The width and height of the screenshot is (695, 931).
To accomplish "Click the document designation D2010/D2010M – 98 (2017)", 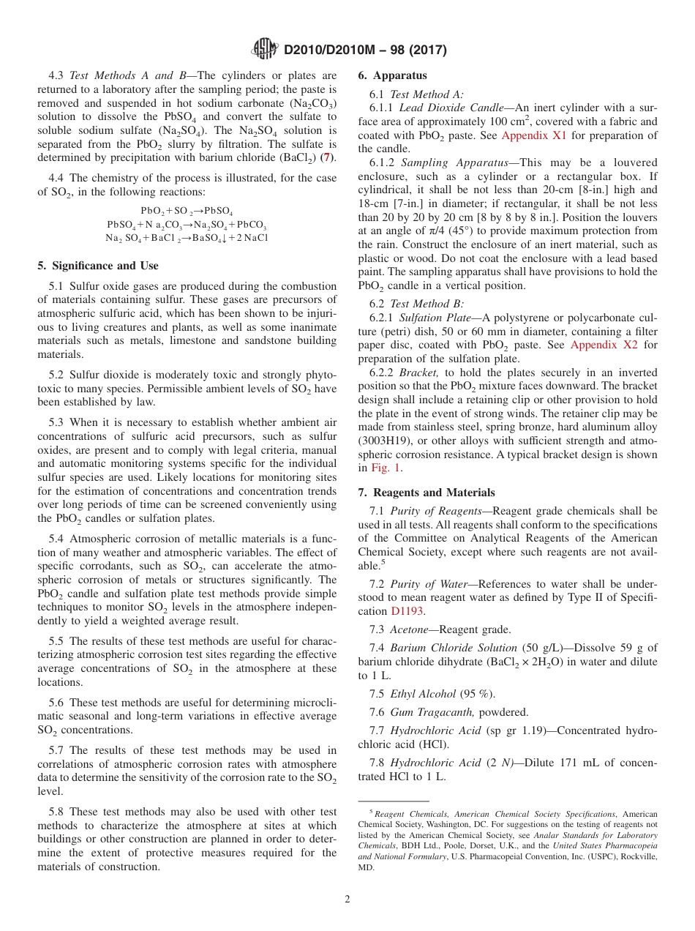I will point(365,50).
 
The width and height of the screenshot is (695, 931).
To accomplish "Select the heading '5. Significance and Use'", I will point(98,266).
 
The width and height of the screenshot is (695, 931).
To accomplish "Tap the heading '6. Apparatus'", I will point(392,75).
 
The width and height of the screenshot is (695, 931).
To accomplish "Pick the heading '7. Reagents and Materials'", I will point(426,493).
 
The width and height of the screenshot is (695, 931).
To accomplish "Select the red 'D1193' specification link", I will point(406,610).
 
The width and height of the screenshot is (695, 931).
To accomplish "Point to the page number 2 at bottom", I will point(347,899).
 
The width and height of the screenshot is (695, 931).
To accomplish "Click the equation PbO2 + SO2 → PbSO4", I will point(187,211).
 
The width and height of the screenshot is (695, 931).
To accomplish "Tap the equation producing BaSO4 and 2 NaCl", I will point(187,238).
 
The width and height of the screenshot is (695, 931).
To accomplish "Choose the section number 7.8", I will point(377,763).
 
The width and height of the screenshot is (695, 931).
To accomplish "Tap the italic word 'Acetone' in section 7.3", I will point(409,629).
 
